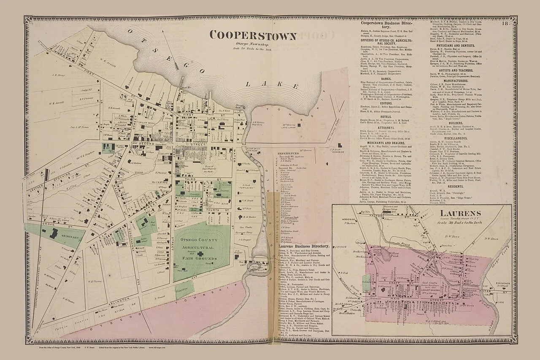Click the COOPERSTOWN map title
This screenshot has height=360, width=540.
pos(253,35)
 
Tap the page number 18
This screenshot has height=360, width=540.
pos(505,24)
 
